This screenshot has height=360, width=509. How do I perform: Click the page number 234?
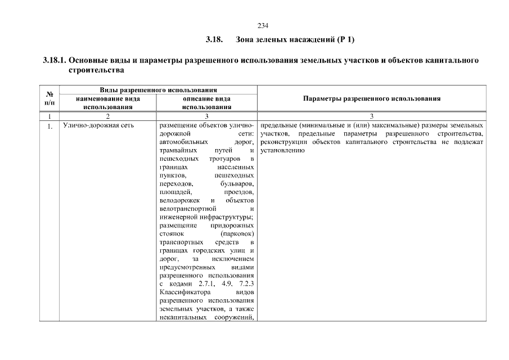click(x=263, y=26)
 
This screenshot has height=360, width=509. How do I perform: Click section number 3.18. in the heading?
click(x=215, y=40)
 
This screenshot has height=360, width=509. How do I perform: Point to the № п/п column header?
click(x=49, y=98)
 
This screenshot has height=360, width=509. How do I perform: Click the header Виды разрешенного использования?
click(x=159, y=90)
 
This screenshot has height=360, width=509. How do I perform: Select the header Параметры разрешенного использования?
click(x=371, y=98)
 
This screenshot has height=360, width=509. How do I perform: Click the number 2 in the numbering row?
click(x=108, y=116)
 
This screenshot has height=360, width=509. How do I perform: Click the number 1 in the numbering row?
click(x=49, y=116)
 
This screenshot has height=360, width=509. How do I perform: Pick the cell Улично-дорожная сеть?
click(x=98, y=125)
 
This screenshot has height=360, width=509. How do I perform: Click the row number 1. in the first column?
click(x=49, y=126)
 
